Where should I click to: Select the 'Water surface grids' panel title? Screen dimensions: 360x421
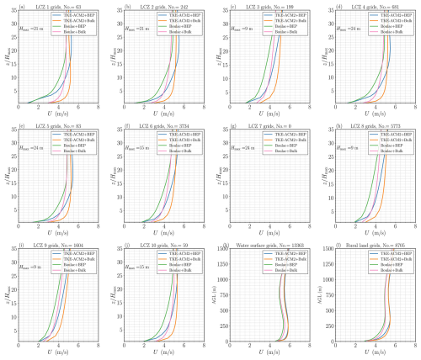click(266, 244)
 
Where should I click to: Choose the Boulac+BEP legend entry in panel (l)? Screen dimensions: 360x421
click(392, 264)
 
